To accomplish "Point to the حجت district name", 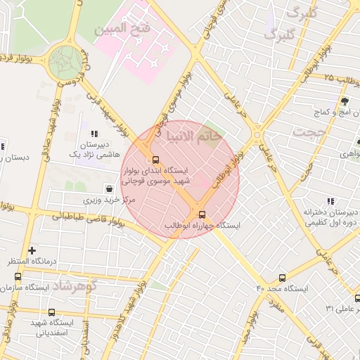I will pyautogui.click(x=312, y=131).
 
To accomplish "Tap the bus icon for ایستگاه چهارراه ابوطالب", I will pyautogui.click(x=202, y=214).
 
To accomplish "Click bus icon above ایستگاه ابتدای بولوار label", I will pyautogui.click(x=155, y=159).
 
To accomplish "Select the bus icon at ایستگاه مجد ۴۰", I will pyautogui.click(x=283, y=278).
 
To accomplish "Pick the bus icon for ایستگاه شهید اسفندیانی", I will pyautogui.click(x=51, y=311).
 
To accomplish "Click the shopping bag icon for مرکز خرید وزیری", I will pyautogui.click(x=109, y=188).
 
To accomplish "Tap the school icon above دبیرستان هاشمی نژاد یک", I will pyautogui.click(x=94, y=134).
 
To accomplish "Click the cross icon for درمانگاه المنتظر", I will pyautogui.click(x=32, y=250).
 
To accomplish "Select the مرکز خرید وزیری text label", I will pyautogui.click(x=109, y=200).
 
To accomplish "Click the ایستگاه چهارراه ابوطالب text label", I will pyautogui.click(x=202, y=225).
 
